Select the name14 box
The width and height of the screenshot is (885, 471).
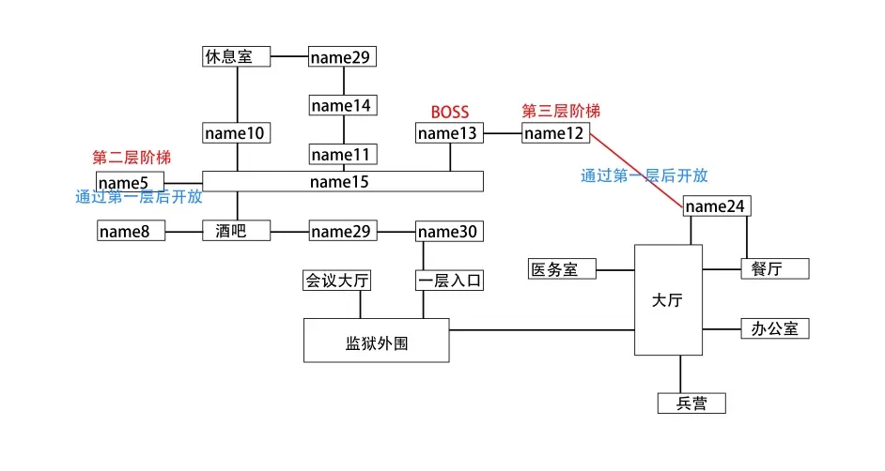click(x=344, y=105)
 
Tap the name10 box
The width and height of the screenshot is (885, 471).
click(x=237, y=133)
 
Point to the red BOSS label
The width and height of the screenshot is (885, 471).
click(x=449, y=113)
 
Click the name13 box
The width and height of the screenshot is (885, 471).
click(x=449, y=133)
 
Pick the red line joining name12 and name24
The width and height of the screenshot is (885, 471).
click(x=637, y=167)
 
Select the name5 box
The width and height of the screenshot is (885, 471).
click(x=131, y=181)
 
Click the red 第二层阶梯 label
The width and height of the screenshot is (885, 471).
click(x=132, y=158)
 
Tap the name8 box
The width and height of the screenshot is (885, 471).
click(x=131, y=231)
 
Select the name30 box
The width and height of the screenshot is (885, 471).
click(x=449, y=231)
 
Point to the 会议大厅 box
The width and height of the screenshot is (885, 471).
click(x=336, y=280)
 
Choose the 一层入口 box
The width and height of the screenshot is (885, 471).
click(x=449, y=280)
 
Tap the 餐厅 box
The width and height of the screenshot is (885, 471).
click(x=775, y=269)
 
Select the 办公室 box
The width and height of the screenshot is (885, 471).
click(x=775, y=328)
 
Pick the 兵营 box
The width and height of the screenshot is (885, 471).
click(x=691, y=403)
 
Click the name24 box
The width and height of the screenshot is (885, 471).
click(x=718, y=206)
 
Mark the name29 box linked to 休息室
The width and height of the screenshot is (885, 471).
click(x=344, y=57)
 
